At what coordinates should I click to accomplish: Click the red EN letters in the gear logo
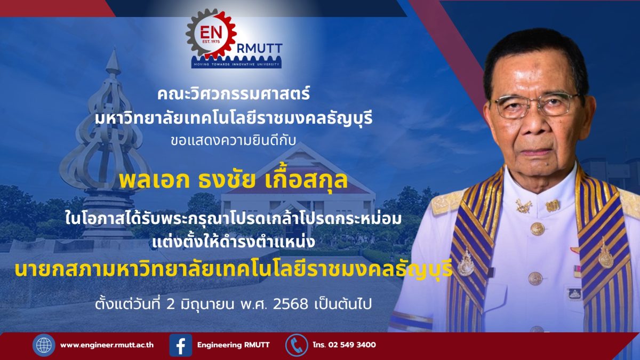coord(211,33)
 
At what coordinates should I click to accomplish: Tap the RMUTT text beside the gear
coord(259,49)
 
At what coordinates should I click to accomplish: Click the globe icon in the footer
coord(44,345)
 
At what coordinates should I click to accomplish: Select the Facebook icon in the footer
coord(181,345)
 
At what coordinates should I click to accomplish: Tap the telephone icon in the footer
coord(297,345)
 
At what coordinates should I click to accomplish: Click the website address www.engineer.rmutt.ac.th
coord(107,345)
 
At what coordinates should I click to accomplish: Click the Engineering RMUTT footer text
coord(233,345)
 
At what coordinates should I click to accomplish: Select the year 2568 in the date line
coord(291,305)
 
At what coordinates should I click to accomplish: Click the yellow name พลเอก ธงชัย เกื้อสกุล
coord(233,180)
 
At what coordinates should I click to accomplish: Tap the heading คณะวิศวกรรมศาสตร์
coord(234,94)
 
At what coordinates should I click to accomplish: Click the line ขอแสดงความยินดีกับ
coord(233,141)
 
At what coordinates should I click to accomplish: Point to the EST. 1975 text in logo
coord(211,42)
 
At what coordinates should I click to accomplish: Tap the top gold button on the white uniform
coord(538,229)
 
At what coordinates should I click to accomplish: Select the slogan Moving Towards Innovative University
coord(237,65)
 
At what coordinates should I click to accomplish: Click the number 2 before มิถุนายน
coord(170,305)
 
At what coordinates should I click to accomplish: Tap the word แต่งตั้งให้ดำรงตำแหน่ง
coord(234,242)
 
